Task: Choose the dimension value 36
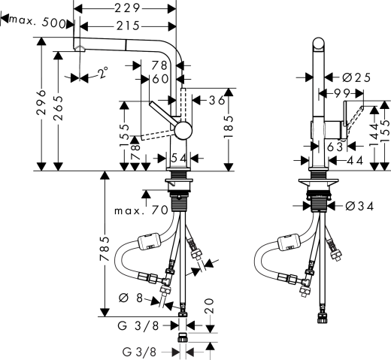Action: click(217, 100)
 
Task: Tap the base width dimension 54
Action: click(179, 158)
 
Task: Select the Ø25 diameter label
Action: click(357, 77)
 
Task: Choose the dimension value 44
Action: click(354, 160)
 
